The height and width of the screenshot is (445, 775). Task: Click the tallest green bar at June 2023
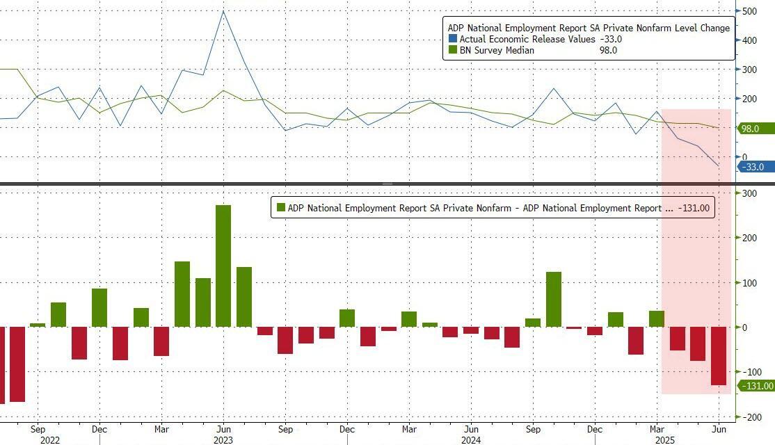(223, 266)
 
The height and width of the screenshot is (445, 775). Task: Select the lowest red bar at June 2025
(718, 356)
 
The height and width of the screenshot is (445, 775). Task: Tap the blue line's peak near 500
(223, 11)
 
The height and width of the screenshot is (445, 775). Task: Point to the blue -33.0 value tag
(754, 167)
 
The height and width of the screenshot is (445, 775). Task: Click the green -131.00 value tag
(756, 386)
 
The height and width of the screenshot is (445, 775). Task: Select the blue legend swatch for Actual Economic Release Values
(454, 40)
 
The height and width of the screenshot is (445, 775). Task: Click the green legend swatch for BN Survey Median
(454, 51)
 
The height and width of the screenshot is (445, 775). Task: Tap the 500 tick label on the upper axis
(750, 11)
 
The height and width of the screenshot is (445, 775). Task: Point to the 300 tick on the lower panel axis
(750, 193)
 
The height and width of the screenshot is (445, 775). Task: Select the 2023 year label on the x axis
(223, 439)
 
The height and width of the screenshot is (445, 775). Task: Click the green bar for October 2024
(554, 299)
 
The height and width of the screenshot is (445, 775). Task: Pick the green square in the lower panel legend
(281, 207)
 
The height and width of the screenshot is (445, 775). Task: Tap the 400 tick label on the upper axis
(750, 40)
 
